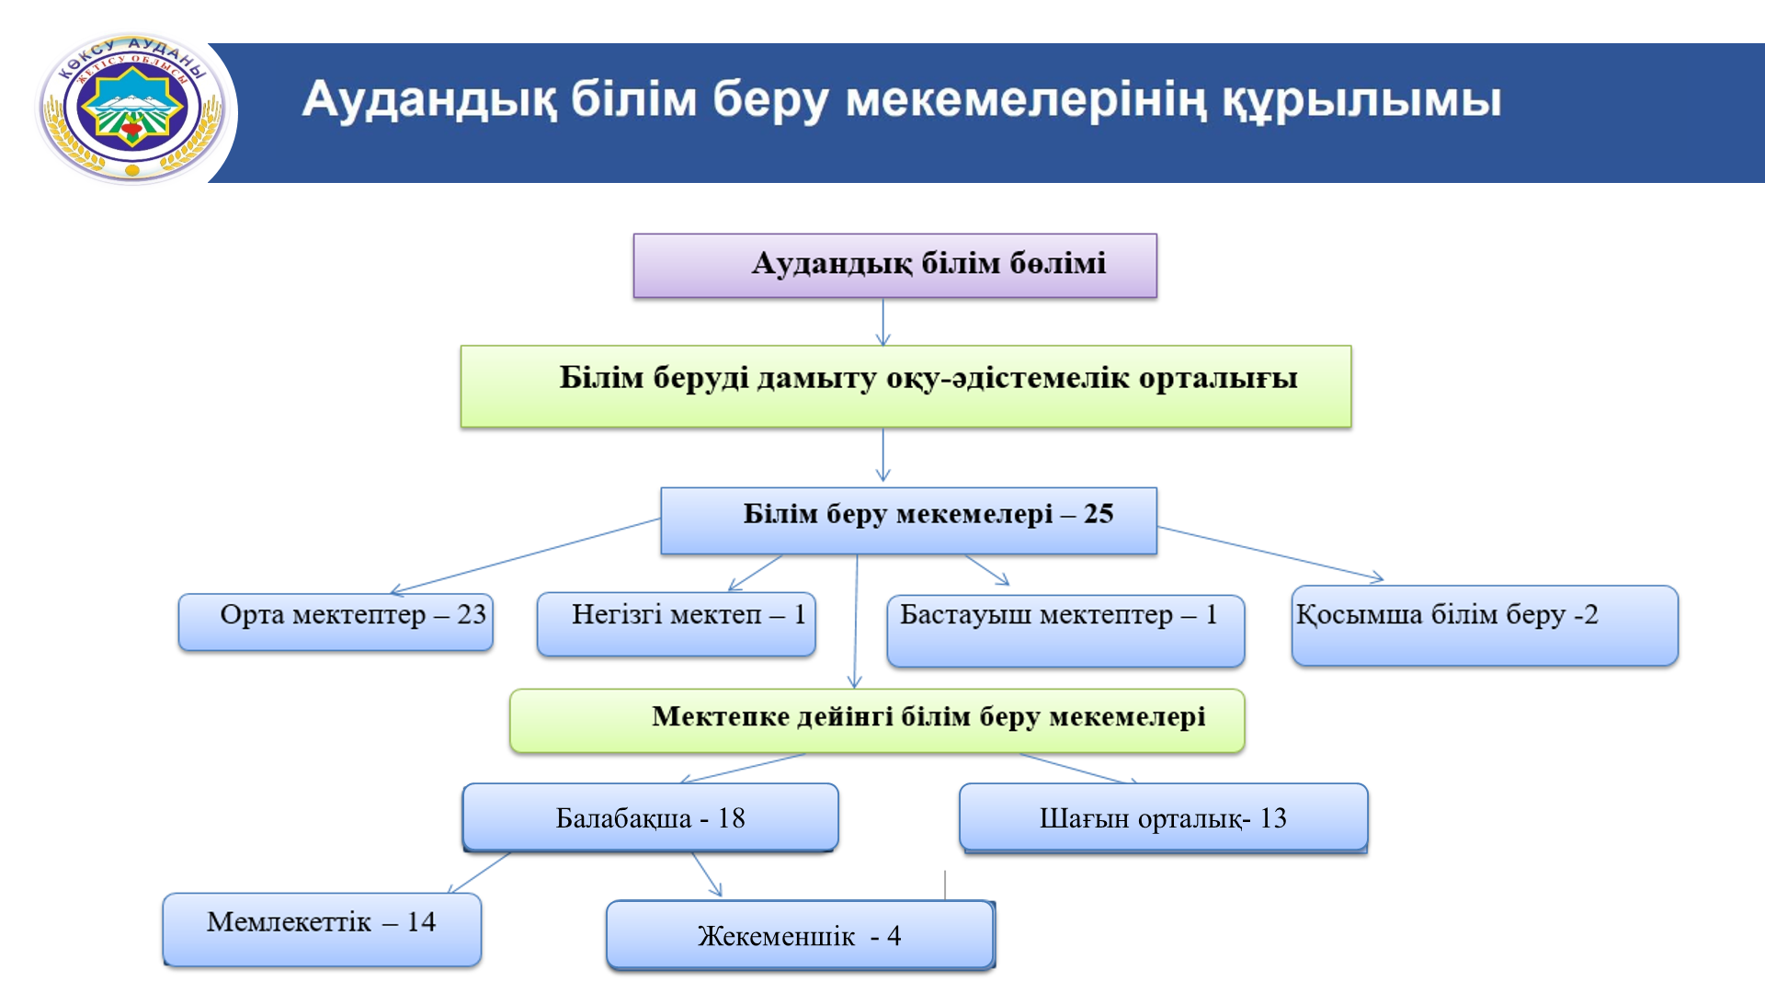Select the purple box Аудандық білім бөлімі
(x=894, y=266)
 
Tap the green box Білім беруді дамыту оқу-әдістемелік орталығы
(x=905, y=386)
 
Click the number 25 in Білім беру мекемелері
(x=1099, y=513)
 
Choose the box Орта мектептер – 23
(x=336, y=622)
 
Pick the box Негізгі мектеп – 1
(x=676, y=624)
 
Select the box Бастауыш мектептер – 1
(x=1065, y=631)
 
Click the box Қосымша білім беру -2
(x=1485, y=625)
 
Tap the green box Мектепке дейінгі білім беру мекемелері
(x=877, y=721)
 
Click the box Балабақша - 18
(x=650, y=817)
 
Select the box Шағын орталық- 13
(x=1164, y=817)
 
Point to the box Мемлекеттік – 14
(x=322, y=930)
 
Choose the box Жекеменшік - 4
(x=800, y=935)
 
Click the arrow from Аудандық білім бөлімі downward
(x=883, y=322)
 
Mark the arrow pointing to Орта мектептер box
(x=525, y=557)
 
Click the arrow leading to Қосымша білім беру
(x=1270, y=554)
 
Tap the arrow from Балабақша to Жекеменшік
(x=707, y=874)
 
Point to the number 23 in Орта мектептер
(x=472, y=614)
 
